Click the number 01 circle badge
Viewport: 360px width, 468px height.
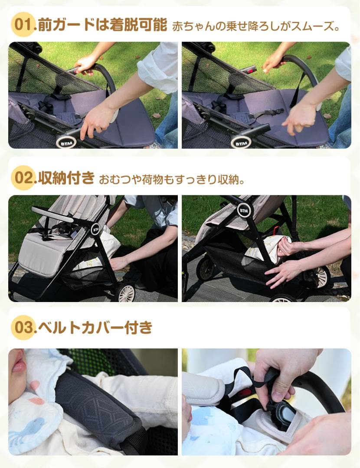[x=23, y=25]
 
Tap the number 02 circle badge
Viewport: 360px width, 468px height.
[x=23, y=178]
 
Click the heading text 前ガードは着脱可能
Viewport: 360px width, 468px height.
[x=102, y=25]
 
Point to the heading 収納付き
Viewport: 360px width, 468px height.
[x=66, y=178]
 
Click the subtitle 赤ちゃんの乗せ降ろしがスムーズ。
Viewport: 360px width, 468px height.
[x=255, y=26]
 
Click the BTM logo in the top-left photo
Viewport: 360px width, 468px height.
[x=66, y=142]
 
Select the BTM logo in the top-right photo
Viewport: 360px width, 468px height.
[x=241, y=142]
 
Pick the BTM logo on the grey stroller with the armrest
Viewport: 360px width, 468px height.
[x=95, y=229]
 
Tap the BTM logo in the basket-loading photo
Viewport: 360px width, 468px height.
[x=244, y=210]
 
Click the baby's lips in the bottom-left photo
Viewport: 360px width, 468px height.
[x=18, y=366]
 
